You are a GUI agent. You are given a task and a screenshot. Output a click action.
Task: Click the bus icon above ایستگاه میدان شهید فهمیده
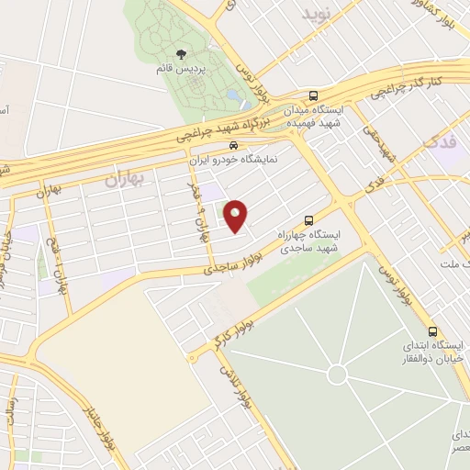click(314, 95)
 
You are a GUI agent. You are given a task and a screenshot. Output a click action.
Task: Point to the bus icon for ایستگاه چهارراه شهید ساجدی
click(308, 220)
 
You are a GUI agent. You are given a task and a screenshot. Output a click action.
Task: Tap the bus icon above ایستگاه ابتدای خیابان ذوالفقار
click(432, 332)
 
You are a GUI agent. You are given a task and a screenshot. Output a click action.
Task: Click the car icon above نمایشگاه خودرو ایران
click(236, 145)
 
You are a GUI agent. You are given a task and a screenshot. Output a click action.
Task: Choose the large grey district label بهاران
click(125, 179)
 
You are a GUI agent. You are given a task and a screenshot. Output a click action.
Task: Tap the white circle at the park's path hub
click(338, 375)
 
